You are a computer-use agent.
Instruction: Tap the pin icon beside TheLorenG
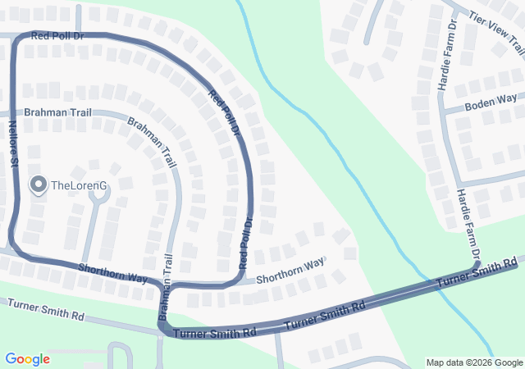[x=38, y=184]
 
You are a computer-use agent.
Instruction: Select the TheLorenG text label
[x=80, y=185]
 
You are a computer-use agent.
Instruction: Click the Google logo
[x=27, y=359]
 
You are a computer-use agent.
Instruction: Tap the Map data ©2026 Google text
[x=474, y=362]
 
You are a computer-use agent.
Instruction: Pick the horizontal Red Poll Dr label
[x=57, y=36]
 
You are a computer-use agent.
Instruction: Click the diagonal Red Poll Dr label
[x=223, y=112]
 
